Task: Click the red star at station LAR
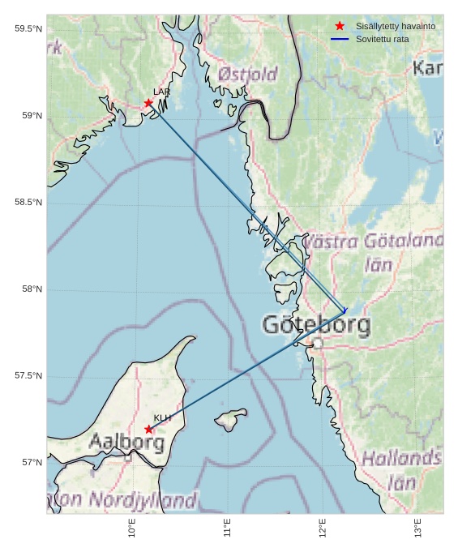point(148,103)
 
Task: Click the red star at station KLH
point(148,430)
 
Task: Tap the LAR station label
point(162,92)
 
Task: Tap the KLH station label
point(163,418)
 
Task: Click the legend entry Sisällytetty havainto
point(395,26)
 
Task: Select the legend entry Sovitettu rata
point(382,39)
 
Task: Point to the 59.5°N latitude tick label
point(28,29)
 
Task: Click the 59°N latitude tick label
point(32,116)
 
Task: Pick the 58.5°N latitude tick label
point(28,203)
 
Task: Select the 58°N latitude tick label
point(32,289)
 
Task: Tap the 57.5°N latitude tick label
point(28,376)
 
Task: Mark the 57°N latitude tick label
point(32,463)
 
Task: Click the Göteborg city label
point(316,326)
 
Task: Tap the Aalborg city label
point(126,443)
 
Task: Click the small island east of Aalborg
point(231,420)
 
